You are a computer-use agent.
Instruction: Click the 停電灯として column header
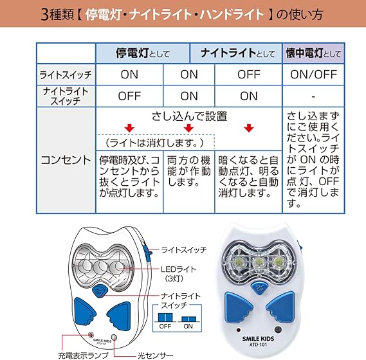pos(143,53)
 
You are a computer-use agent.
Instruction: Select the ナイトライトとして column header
pos(237,53)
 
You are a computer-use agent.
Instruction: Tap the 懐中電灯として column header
pos(313,53)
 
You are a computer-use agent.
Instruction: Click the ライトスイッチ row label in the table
pos(66,75)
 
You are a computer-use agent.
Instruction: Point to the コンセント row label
pos(66,160)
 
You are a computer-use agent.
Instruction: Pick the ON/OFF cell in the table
pos(313,75)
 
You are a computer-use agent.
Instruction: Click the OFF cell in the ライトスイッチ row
pos(249,75)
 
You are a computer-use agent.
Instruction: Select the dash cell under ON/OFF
pos(313,96)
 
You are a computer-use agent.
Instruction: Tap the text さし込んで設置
pos(189,116)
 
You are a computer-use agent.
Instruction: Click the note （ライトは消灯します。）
pos(155,143)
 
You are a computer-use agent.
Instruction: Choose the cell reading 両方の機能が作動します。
pos(189,171)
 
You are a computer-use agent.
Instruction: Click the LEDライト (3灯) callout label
pos(178,274)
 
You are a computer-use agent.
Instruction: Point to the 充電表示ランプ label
pos(84,355)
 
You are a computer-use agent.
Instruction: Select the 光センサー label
pos(155,355)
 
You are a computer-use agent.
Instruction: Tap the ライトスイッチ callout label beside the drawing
pos(184,250)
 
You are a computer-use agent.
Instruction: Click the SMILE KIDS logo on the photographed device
pos(258,339)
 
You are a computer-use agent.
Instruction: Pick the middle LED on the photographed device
pos(258,263)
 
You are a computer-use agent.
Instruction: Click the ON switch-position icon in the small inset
pos(188,319)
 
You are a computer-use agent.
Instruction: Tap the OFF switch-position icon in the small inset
pos(165,318)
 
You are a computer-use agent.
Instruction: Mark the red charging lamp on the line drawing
pos(91,335)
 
